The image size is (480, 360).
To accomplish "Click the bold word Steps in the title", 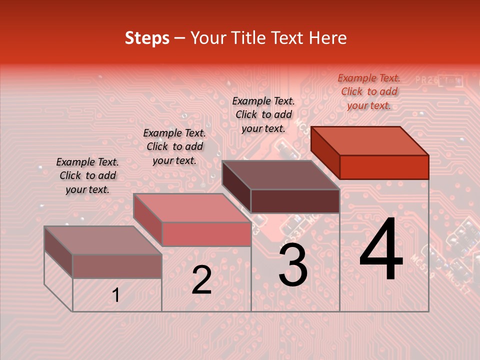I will pos(147,38).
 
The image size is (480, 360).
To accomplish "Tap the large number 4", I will pos(381,250).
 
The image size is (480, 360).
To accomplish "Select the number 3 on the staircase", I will pos(293,265).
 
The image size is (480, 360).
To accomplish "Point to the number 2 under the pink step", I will pos(202,280).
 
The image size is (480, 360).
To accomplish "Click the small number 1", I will pos(116,295).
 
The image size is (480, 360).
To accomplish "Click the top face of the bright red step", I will pos(369,140).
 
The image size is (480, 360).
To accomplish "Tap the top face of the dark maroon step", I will pos(280,175).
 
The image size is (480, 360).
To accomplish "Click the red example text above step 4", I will pos(369,91).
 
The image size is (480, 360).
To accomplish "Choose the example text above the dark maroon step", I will pos(263,114).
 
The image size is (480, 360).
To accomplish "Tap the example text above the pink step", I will pos(174,146).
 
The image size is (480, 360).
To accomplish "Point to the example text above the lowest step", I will pos(87,175).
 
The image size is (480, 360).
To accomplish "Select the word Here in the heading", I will pos(328,38).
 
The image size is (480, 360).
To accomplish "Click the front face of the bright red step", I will pos(384,167).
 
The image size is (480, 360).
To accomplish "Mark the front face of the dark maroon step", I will pos(295,201).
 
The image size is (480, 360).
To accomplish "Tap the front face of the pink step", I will pos(206,234).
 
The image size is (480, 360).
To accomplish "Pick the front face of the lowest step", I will pos(117,266).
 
